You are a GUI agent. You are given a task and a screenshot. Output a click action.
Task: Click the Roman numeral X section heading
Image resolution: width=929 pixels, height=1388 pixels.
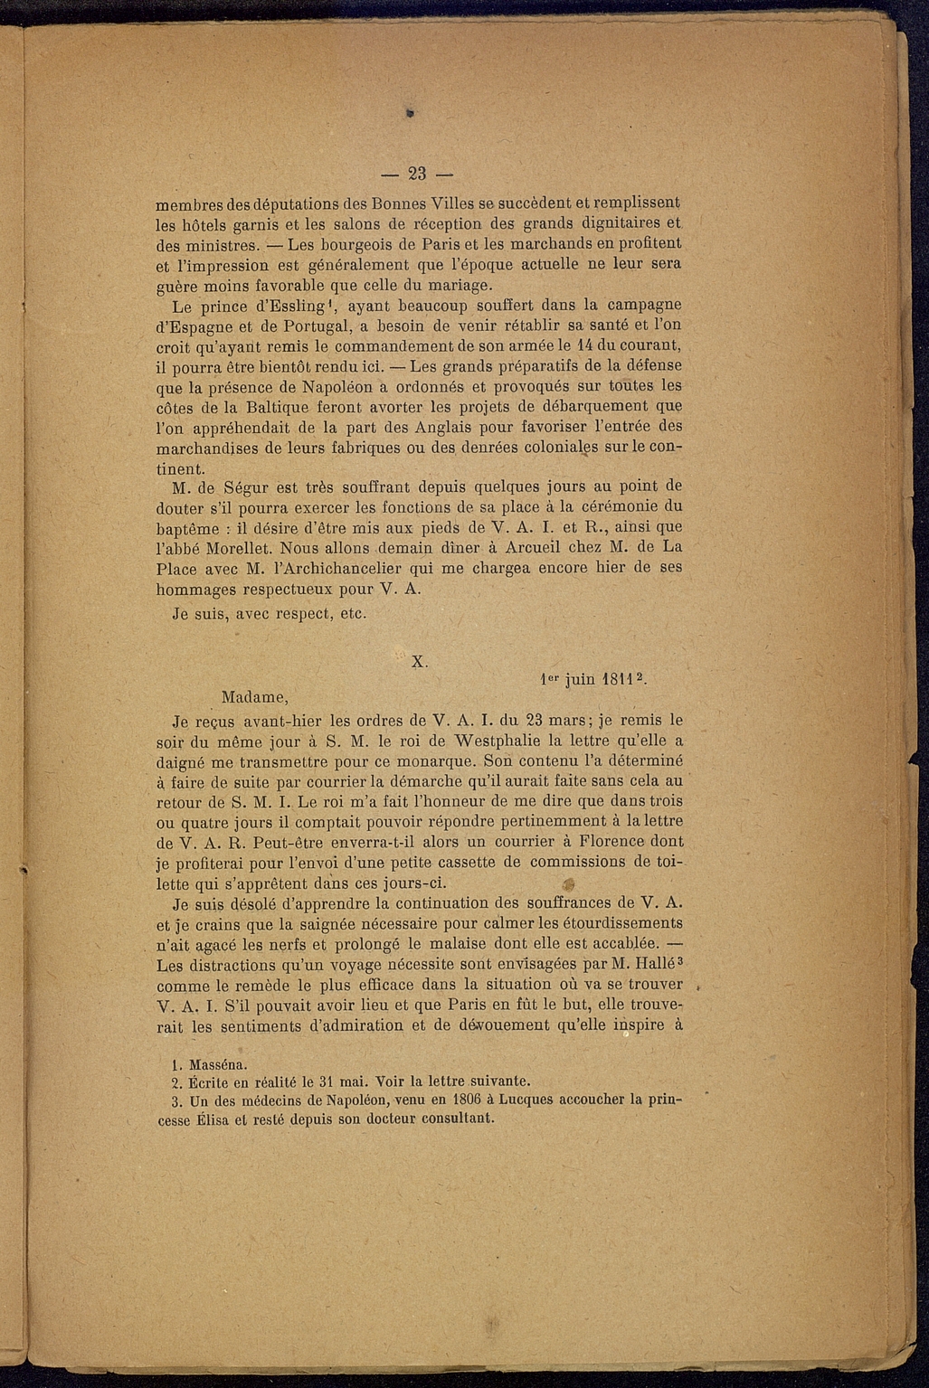(x=419, y=661)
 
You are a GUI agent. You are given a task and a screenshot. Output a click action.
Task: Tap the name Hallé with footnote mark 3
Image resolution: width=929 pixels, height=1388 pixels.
(x=649, y=964)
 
